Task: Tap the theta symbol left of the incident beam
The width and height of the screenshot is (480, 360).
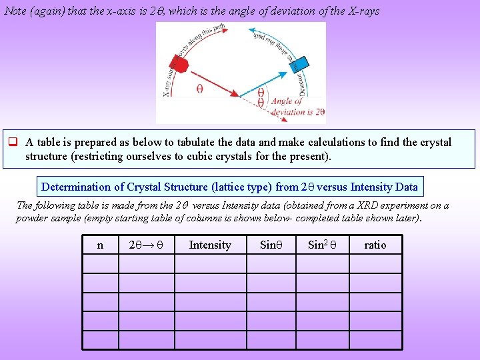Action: (x=199, y=88)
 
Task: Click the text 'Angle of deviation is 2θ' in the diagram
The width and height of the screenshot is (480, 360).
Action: (x=297, y=107)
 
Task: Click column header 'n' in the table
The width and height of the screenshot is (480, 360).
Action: (x=100, y=245)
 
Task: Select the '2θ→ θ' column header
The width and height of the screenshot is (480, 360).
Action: (x=146, y=245)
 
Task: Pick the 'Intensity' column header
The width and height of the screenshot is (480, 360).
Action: (x=210, y=245)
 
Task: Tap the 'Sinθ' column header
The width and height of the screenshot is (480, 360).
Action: (x=271, y=245)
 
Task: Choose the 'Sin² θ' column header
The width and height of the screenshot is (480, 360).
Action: (x=322, y=245)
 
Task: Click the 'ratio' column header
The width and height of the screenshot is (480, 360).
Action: (x=375, y=245)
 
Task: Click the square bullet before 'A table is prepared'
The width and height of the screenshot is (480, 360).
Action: (x=12, y=143)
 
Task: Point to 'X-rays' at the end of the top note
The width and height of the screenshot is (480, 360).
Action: (x=364, y=11)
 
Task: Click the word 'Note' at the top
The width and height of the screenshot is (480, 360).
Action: (x=16, y=11)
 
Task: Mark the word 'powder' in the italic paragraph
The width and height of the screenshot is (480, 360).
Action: (x=33, y=218)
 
